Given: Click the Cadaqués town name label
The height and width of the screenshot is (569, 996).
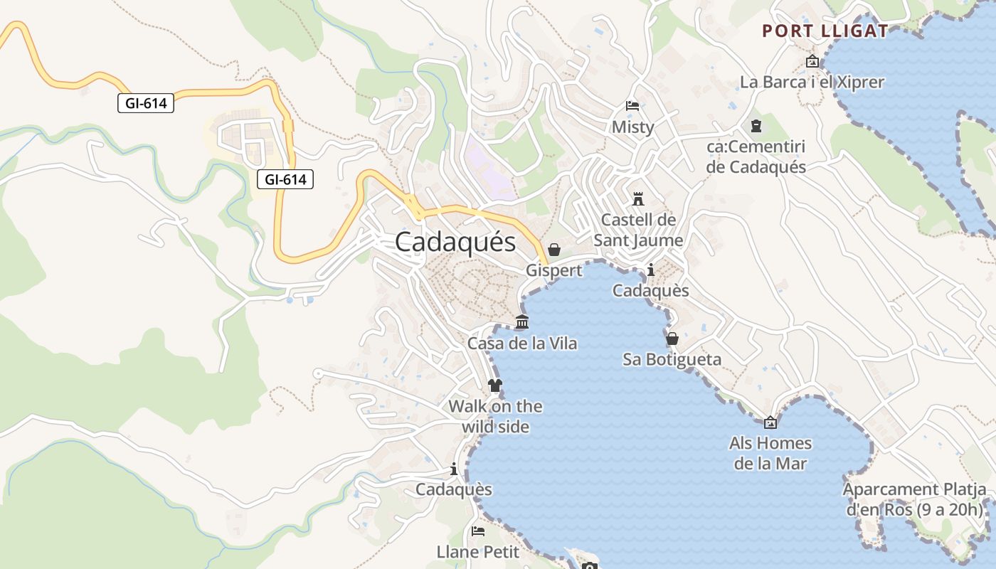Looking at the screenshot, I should [x=455, y=242].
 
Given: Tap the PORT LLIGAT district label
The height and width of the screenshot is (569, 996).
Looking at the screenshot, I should [x=825, y=31].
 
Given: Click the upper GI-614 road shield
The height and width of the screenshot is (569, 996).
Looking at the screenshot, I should [x=146, y=103].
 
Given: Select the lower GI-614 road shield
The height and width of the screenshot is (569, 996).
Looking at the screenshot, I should [x=285, y=179].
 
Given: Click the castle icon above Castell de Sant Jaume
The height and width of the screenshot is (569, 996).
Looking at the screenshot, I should [x=638, y=198].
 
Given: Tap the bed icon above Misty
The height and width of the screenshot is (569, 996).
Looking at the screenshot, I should [x=632, y=106].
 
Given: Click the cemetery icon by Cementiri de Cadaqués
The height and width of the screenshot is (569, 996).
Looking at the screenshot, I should [x=756, y=127].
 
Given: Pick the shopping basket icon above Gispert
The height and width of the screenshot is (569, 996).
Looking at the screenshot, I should [x=554, y=250].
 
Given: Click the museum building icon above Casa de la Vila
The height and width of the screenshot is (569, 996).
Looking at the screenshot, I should [x=522, y=322].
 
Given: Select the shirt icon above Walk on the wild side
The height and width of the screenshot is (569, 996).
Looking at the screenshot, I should [x=495, y=385].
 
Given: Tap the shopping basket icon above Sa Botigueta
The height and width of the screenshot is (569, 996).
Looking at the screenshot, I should [x=672, y=339].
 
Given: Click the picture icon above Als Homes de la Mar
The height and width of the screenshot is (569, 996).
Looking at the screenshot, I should [x=770, y=422].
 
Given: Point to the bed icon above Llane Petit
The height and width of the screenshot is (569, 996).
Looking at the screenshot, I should [x=478, y=531].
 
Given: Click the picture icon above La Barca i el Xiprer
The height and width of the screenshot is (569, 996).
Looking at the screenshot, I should [x=812, y=62].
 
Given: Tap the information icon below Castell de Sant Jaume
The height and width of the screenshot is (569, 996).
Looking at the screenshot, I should [x=650, y=270].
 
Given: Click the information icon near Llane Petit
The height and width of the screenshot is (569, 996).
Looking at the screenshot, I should [x=454, y=469].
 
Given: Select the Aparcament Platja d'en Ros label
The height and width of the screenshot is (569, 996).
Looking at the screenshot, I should [x=915, y=499].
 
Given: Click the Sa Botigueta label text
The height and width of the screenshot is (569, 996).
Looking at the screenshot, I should [x=672, y=359].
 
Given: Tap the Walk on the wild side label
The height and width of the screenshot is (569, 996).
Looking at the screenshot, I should [x=495, y=416].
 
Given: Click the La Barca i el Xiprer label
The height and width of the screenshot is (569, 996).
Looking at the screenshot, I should [x=812, y=82].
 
